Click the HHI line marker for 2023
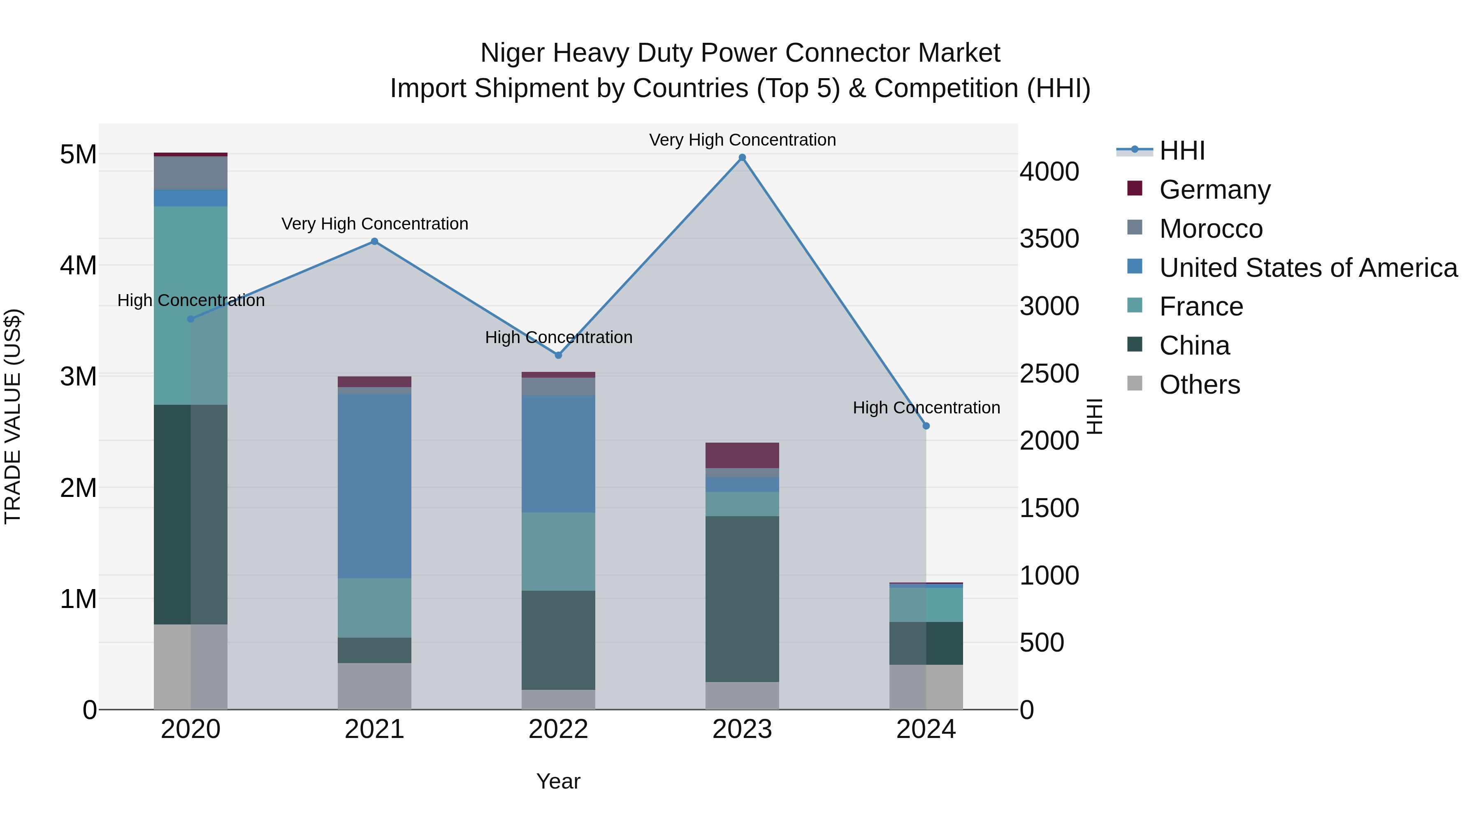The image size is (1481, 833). [x=742, y=158]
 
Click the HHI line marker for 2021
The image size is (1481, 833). [x=374, y=241]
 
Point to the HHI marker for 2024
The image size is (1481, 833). [x=926, y=426]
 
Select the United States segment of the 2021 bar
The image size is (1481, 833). [x=374, y=486]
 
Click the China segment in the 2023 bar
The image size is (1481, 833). [x=742, y=599]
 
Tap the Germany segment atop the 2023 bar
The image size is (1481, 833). [x=742, y=455]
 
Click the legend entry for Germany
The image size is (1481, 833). [x=1214, y=190]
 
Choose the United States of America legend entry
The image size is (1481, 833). [x=1308, y=268]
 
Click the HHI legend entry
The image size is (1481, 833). [x=1182, y=151]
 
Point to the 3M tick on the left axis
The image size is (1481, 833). [x=78, y=376]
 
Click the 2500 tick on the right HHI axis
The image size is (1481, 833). [x=1049, y=374]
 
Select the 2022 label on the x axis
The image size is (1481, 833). [x=558, y=729]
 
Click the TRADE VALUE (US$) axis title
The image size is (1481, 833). [x=13, y=416]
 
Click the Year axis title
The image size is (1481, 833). [x=558, y=781]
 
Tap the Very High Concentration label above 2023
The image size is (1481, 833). [x=742, y=140]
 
